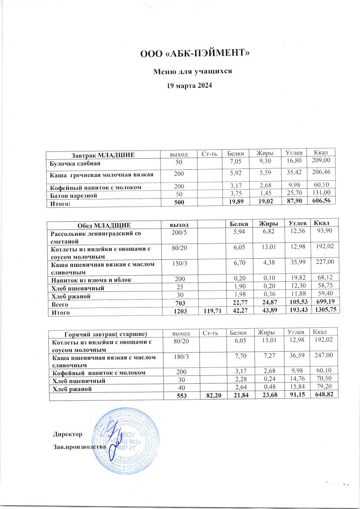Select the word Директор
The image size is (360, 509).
(67, 434)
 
